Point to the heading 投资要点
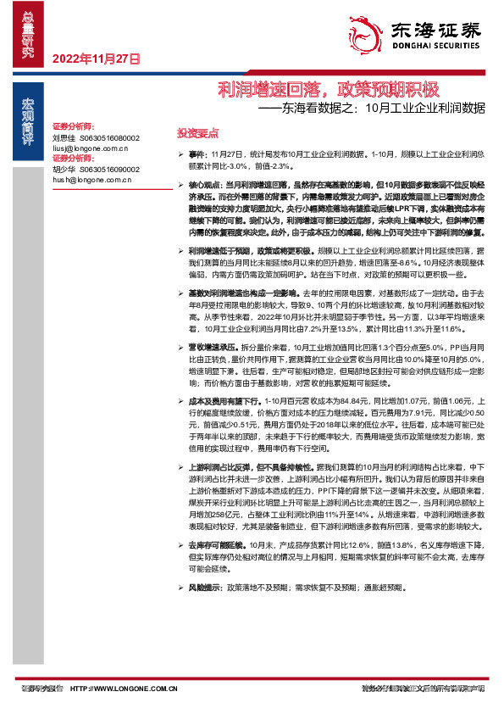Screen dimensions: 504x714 tap(197, 133)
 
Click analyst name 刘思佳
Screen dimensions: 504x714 tap(64, 137)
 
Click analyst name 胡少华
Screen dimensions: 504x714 tap(64, 168)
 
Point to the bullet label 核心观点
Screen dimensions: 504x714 tap(206, 184)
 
